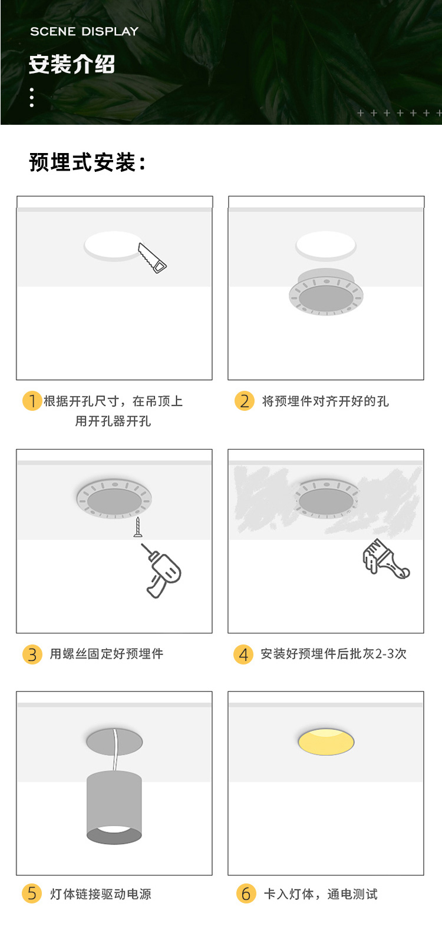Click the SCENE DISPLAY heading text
[84, 31]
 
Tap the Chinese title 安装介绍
[72, 64]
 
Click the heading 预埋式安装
[88, 162]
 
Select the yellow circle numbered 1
[32, 401]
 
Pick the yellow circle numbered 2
[244, 401]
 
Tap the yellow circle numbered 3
[32, 654]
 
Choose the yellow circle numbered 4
[243, 654]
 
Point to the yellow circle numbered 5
[32, 893]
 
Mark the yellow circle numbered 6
[246, 893]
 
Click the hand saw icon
[152, 258]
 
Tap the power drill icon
[161, 570]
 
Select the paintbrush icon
[385, 559]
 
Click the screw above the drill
[138, 527]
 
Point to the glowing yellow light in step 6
[326, 742]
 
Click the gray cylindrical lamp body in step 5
[114, 808]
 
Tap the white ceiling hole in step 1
[113, 245]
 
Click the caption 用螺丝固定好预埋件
[107, 654]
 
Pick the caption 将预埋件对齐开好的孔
[325, 401]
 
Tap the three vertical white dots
[32, 98]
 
